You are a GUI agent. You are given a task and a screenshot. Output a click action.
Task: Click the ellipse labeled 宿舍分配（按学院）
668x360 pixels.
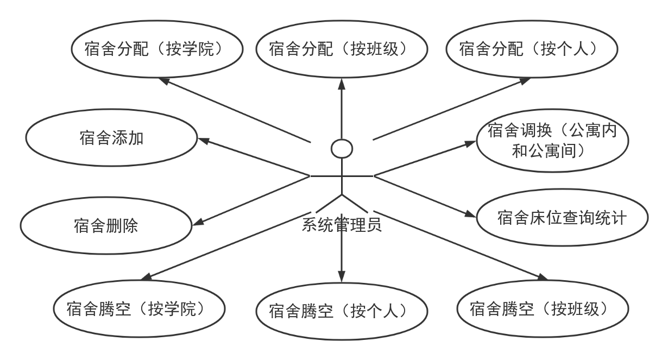[x=157, y=21]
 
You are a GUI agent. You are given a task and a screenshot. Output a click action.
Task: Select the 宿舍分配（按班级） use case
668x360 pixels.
[x=342, y=21]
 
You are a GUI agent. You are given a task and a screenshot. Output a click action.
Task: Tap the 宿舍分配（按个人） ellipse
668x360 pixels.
[x=532, y=21]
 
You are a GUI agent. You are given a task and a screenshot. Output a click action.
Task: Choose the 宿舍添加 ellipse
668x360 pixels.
[x=111, y=110]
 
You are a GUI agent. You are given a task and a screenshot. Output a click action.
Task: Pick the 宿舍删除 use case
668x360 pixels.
[x=106, y=198]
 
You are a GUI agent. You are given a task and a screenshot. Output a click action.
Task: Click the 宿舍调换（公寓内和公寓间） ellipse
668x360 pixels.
[x=552, y=110]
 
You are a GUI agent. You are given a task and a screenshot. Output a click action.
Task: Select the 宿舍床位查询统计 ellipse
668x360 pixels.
[x=563, y=190]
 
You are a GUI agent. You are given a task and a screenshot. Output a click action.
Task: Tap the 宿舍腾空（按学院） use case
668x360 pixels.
[x=139, y=281]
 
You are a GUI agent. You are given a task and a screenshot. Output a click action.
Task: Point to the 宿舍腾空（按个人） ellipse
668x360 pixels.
[x=342, y=283]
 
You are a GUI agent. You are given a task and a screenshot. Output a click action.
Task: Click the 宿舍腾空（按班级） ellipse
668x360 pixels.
[x=543, y=281]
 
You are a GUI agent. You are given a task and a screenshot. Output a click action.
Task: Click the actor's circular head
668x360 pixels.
[x=342, y=140]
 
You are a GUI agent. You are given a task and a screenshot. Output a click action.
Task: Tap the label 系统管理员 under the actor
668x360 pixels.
[x=342, y=225]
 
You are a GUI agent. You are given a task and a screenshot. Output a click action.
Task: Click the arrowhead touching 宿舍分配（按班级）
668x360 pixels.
[x=342, y=84]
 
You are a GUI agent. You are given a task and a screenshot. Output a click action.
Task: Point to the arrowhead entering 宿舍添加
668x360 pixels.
[x=204, y=141]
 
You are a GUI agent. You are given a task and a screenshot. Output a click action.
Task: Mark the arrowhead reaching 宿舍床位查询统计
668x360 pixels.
[x=470, y=214]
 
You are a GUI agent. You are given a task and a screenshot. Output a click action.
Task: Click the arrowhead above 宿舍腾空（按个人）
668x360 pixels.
[x=342, y=276]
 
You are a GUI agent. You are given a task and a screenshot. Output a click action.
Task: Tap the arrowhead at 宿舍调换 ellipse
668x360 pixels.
[x=470, y=144]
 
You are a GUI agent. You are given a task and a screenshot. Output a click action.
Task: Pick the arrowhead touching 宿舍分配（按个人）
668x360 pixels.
[x=525, y=81]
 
